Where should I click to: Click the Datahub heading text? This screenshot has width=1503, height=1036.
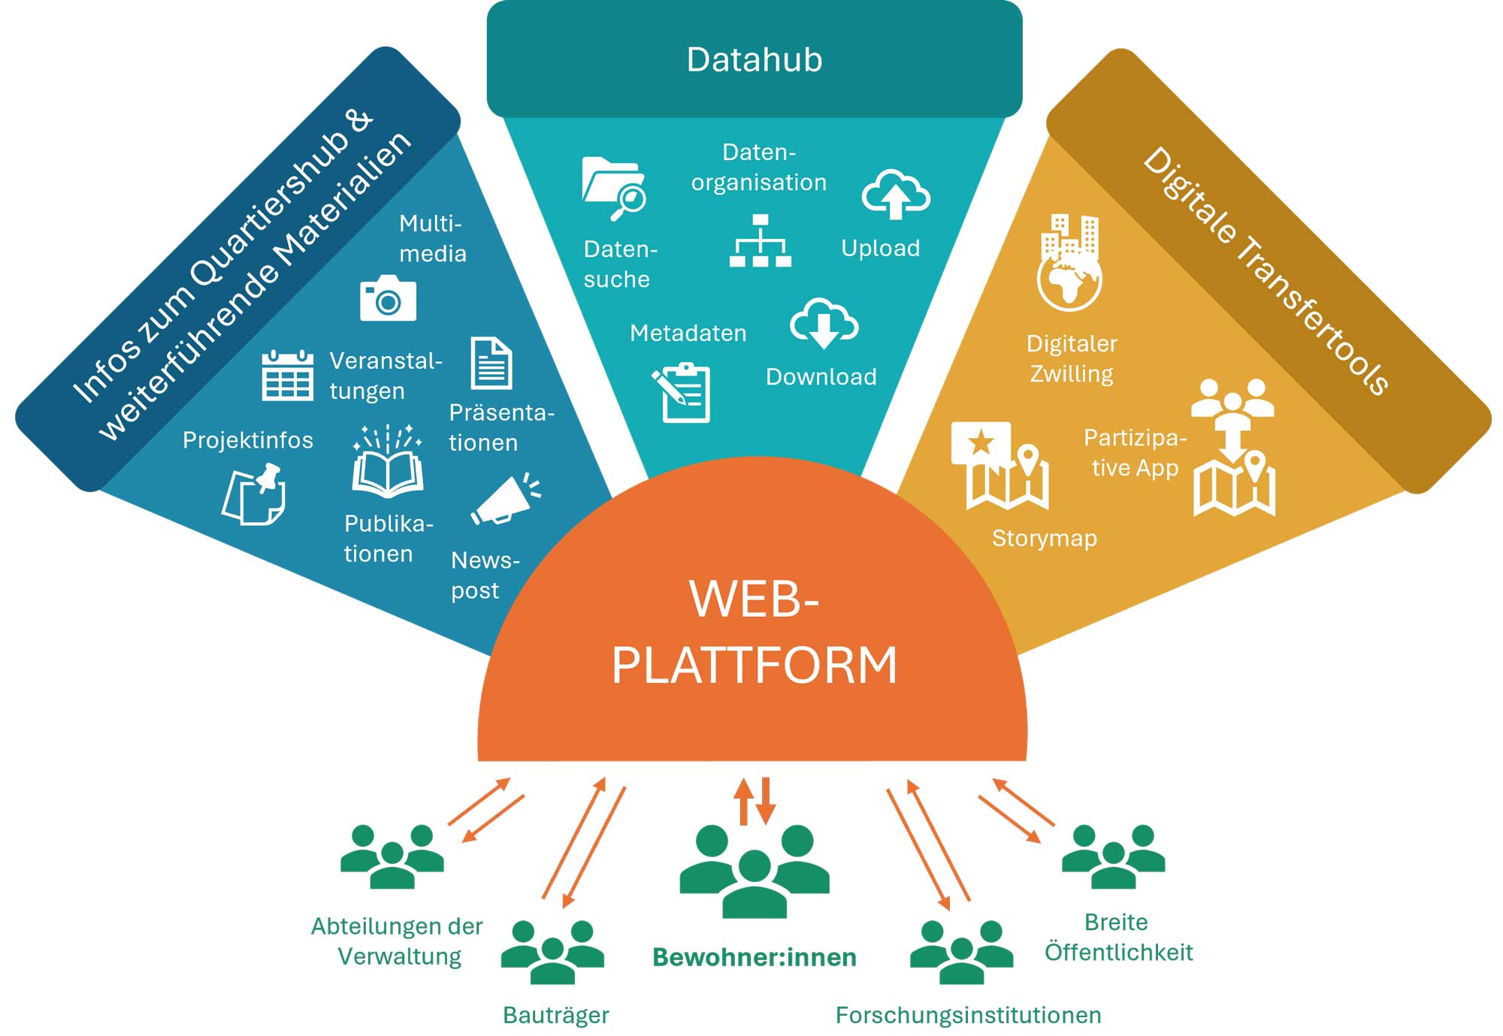(x=754, y=59)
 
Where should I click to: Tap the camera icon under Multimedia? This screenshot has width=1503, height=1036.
(x=388, y=298)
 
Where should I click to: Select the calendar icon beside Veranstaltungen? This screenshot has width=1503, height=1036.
(x=287, y=375)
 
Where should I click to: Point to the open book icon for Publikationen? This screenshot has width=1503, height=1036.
(x=388, y=463)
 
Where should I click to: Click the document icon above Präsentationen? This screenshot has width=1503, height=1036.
(x=491, y=363)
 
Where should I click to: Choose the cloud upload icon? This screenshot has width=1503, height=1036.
(x=895, y=195)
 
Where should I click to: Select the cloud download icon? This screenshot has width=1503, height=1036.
(x=824, y=323)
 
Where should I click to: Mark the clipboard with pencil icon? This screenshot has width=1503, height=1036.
(x=682, y=392)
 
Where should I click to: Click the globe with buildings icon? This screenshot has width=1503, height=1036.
(x=1069, y=263)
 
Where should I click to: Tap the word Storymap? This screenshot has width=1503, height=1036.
(x=1044, y=538)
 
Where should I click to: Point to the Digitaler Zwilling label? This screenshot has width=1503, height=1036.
(x=1072, y=358)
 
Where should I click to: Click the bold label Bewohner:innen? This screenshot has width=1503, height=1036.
(x=754, y=957)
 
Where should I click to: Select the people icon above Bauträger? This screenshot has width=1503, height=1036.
(x=552, y=951)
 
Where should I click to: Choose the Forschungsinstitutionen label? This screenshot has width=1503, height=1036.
(x=968, y=1015)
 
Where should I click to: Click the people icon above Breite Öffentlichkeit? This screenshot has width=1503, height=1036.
(x=1113, y=856)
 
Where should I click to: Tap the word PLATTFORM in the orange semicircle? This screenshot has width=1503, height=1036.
(x=754, y=665)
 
